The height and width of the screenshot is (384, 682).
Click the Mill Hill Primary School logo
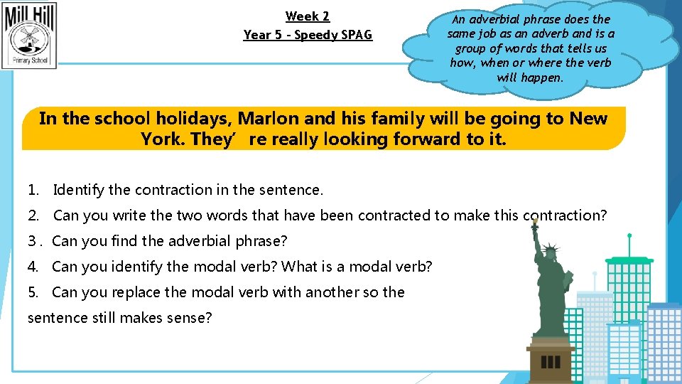click(30, 35)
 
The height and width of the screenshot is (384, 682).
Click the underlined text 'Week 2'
click(308, 16)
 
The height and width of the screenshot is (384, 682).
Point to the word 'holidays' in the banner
click(192, 118)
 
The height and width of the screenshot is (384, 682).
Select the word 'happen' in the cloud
click(541, 78)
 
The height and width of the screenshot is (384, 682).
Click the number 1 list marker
click(32, 190)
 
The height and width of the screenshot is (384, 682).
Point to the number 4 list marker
click(32, 267)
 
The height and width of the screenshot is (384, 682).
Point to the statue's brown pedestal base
click(552, 359)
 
